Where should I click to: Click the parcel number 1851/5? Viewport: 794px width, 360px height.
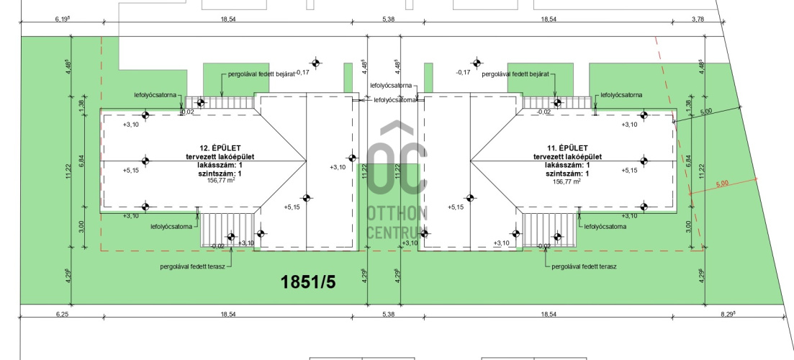(308, 282)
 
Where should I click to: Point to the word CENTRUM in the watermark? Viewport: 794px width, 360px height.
(397, 233)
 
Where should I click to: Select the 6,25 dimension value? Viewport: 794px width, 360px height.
(61, 315)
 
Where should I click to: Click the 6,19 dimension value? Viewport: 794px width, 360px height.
(62, 19)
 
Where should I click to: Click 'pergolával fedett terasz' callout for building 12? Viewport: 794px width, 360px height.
(192, 266)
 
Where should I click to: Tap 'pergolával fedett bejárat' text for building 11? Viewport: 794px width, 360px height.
(515, 74)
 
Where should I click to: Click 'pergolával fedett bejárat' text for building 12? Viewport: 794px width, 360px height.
(261, 74)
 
